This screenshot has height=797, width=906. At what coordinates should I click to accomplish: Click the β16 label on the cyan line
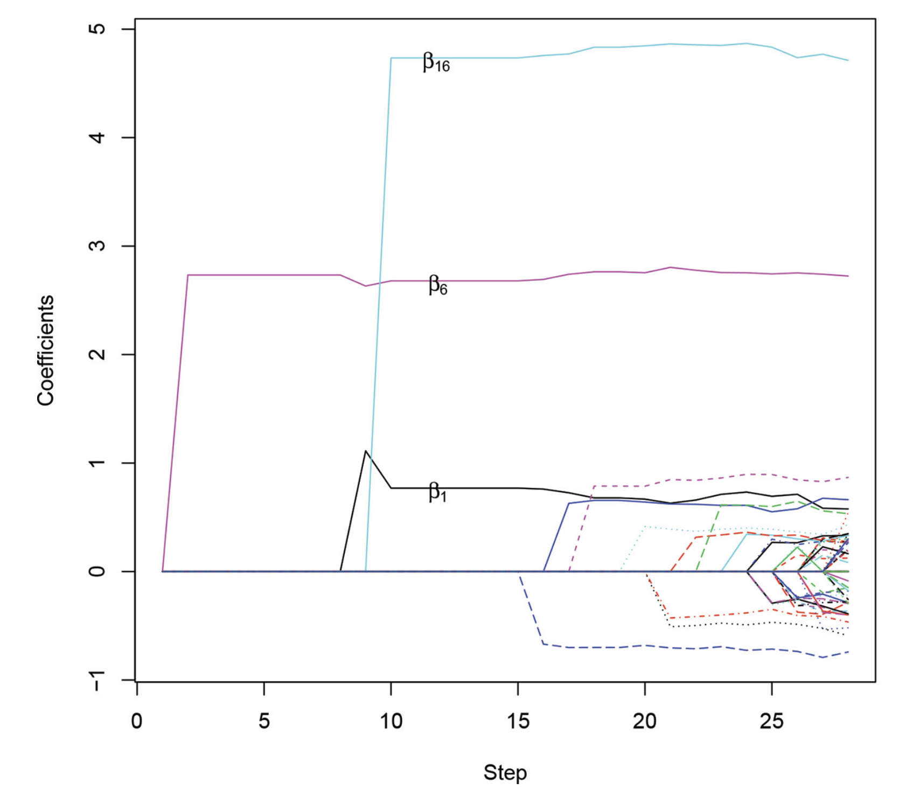pos(436,63)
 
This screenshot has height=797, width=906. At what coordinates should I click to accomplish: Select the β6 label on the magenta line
pos(437,285)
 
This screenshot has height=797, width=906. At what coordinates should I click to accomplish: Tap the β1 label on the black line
pos(437,492)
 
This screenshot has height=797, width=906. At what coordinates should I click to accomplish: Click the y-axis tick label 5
pos(97,29)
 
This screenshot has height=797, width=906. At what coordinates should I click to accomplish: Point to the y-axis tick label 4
pos(97,137)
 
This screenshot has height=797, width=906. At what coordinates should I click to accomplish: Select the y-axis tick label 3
pos(97,246)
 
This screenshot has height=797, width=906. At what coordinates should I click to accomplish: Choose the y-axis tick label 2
pos(97,354)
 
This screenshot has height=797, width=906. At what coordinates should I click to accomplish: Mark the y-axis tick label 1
pos(97,463)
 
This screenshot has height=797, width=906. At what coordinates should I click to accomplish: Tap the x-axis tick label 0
pos(137,721)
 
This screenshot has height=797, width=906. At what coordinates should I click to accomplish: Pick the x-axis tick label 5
pos(264,721)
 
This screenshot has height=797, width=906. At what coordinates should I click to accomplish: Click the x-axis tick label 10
pos(391,721)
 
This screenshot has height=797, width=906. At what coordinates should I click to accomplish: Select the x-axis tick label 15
pos(518,721)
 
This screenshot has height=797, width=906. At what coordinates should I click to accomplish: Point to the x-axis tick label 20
pos(645,721)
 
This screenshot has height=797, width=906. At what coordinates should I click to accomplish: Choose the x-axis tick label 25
pos(772,721)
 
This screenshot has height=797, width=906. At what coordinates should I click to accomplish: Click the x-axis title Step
pos(505,772)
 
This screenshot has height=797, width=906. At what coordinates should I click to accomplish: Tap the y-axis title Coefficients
pos(46,350)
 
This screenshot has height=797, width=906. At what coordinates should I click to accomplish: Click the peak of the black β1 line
pos(366,451)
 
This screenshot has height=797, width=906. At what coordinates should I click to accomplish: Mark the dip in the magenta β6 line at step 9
pos(366,286)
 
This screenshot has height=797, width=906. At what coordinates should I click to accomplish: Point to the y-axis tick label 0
pos(97,571)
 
